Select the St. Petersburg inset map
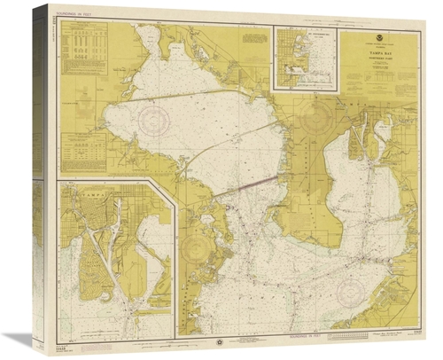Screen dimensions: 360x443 coord(306,59)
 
